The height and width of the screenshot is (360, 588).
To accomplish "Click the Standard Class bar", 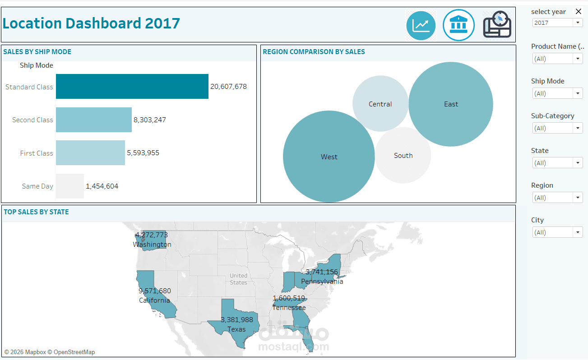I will click(x=132, y=87).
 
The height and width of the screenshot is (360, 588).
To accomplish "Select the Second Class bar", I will click(x=94, y=120).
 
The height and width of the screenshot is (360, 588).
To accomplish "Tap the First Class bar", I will click(x=90, y=153).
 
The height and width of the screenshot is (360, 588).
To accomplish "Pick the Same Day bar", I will click(x=70, y=186).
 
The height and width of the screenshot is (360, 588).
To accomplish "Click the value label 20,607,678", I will click(x=228, y=87).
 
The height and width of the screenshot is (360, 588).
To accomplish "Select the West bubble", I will click(x=329, y=157).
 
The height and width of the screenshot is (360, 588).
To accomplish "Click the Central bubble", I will click(x=380, y=104).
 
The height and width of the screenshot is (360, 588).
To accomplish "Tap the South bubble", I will click(x=403, y=155).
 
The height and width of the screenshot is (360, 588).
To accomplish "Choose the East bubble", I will click(x=451, y=104).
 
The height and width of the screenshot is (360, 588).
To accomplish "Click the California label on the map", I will click(x=154, y=300).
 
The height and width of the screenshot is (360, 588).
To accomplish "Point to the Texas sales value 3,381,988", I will click(x=237, y=320).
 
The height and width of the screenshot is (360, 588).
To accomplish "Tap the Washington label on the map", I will click(x=152, y=245).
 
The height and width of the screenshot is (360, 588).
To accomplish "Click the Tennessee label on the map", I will click(x=289, y=308).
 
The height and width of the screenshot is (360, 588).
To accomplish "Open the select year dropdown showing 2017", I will click(x=558, y=23).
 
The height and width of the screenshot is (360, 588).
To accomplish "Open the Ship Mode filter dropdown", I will click(x=558, y=93).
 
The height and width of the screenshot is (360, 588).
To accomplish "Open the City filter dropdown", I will click(x=558, y=232).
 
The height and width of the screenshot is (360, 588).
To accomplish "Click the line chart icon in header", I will click(x=421, y=25).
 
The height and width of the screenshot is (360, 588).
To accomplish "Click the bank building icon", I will click(x=458, y=25).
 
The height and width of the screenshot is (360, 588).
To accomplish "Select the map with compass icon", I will click(x=497, y=25).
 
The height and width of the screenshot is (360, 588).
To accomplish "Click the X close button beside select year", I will click(x=579, y=12).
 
